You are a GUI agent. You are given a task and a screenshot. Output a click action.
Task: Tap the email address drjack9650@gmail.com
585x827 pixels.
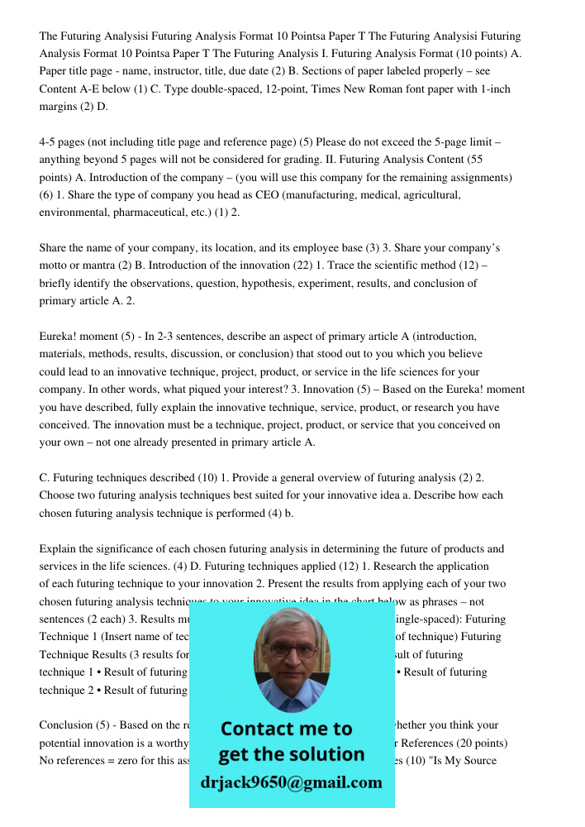(x=292, y=782)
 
